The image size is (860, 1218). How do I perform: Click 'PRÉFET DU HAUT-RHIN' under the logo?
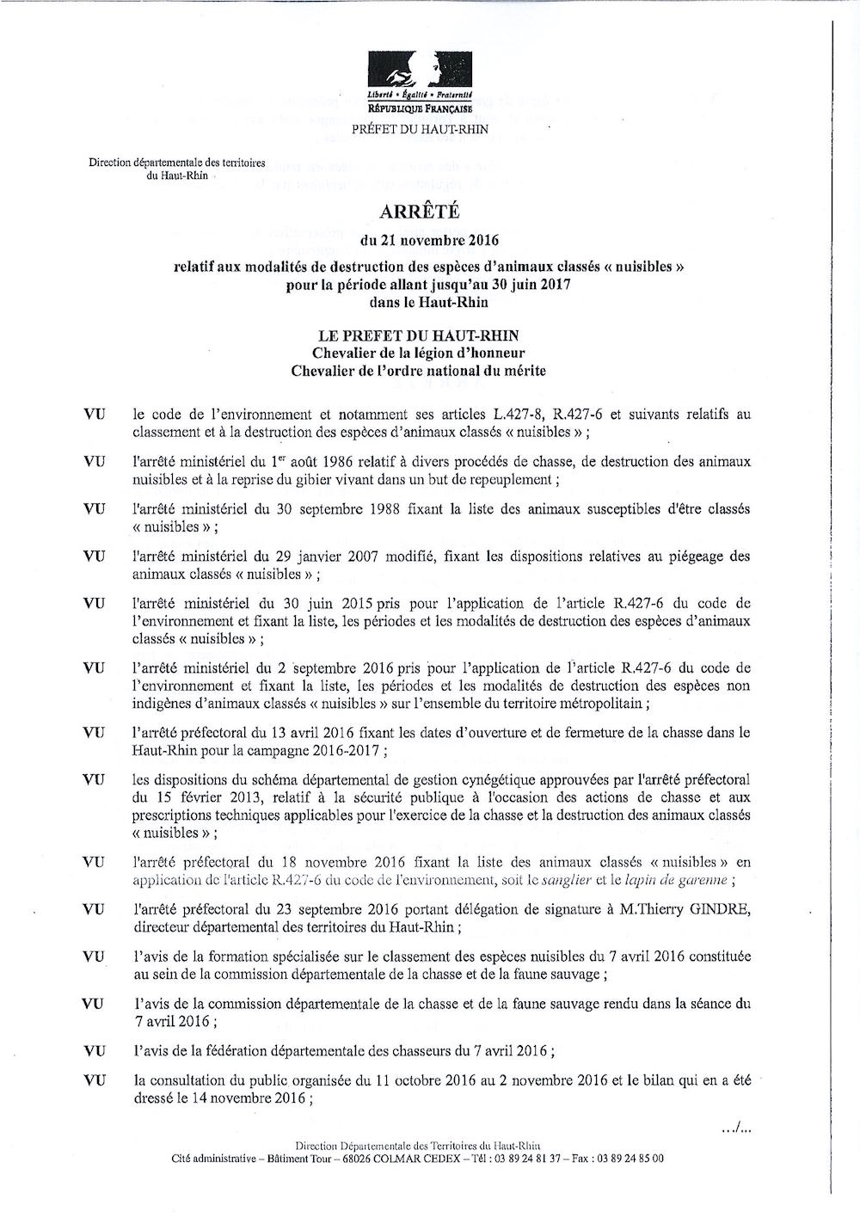(x=420, y=130)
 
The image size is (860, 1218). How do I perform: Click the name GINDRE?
(x=720, y=909)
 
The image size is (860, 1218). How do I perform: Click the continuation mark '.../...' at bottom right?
(x=736, y=1128)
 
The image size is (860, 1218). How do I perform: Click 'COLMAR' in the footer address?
(x=393, y=1159)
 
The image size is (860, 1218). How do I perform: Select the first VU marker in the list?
(x=95, y=415)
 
